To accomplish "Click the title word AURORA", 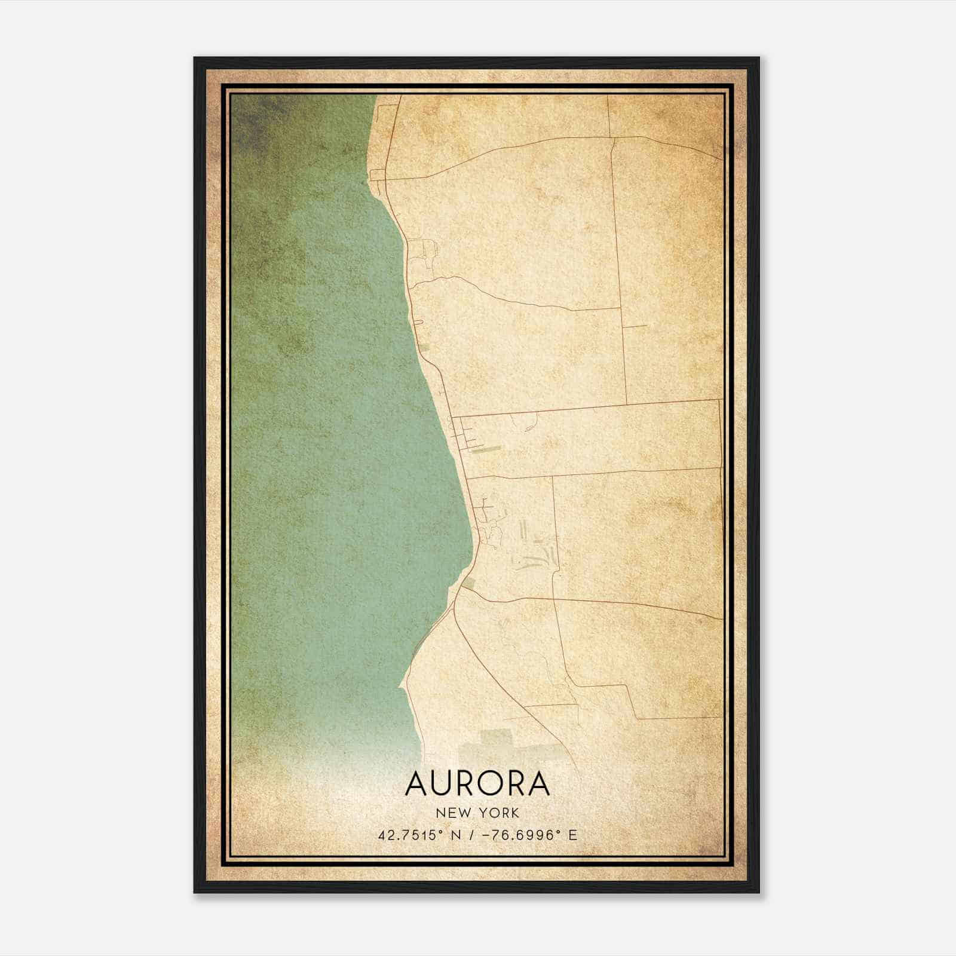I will click(477, 784).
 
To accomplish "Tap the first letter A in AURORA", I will click(416, 784).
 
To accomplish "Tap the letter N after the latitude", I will click(456, 835).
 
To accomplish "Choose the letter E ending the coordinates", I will click(572, 835).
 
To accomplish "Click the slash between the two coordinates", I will click(474, 835).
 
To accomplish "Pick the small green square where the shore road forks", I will click(468, 582).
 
